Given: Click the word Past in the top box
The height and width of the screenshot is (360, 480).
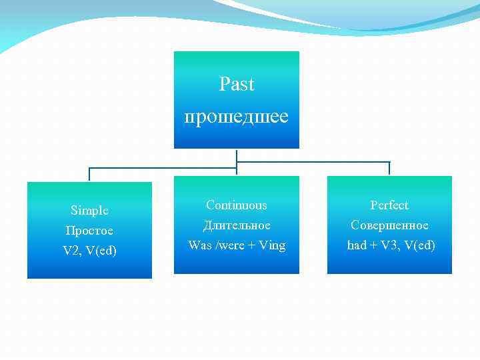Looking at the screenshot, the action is pyautogui.click(x=237, y=85).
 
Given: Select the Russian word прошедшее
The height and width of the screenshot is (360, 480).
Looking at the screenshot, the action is pyautogui.click(x=237, y=117).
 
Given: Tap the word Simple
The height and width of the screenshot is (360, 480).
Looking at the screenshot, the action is pyautogui.click(x=89, y=211).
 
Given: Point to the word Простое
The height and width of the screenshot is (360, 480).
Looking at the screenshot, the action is pyautogui.click(x=89, y=231).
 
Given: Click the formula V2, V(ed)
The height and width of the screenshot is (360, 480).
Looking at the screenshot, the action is pyautogui.click(x=89, y=251).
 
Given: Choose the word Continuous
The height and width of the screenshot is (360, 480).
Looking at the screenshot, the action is pyautogui.click(x=237, y=205).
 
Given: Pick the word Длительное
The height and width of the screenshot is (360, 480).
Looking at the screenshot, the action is pyautogui.click(x=237, y=225).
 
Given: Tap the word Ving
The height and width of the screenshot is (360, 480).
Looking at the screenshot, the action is pyautogui.click(x=272, y=245).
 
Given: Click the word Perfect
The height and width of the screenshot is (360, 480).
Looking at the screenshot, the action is pyautogui.click(x=389, y=205).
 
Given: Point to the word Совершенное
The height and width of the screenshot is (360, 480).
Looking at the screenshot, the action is pyautogui.click(x=389, y=225).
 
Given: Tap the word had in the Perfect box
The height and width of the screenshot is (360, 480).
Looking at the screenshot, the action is pyautogui.click(x=357, y=245).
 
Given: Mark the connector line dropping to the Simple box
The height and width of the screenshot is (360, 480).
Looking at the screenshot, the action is pyautogui.click(x=90, y=174).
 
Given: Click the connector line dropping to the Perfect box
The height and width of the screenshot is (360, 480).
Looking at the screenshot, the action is pyautogui.click(x=389, y=168).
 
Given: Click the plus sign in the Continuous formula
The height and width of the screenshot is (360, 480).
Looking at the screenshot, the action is pyautogui.click(x=253, y=245).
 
